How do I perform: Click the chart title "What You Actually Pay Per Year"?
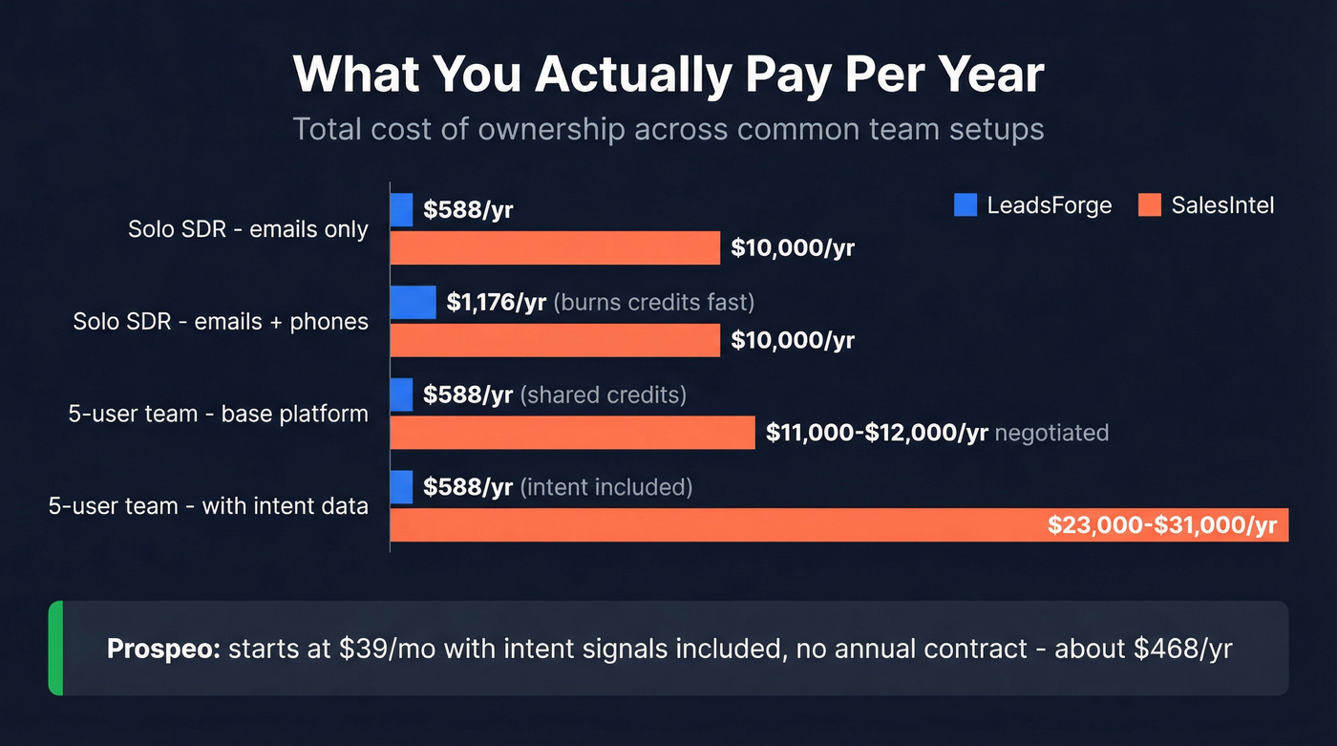tap(668, 75)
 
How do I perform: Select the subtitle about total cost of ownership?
tap(668, 129)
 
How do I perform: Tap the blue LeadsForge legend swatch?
tap(966, 204)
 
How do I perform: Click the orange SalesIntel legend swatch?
tap(1150, 204)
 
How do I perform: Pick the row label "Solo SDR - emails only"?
tap(248, 230)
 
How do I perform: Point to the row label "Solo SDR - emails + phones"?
tap(221, 322)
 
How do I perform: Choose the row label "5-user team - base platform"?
tap(218, 414)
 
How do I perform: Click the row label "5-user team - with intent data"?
tap(208, 505)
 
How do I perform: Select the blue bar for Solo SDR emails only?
tap(401, 210)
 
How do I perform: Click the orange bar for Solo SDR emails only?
tap(555, 248)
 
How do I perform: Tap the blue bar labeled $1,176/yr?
tap(413, 303)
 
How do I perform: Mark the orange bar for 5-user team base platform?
tap(572, 433)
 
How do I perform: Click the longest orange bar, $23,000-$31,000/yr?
tap(716, 525)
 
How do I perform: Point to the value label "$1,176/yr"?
tap(497, 303)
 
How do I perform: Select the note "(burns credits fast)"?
tap(654, 303)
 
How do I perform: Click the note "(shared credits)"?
tap(603, 394)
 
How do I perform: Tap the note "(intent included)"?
tap(605, 487)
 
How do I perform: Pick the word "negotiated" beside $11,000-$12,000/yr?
tap(1051, 433)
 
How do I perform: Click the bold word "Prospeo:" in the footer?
tap(163, 650)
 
